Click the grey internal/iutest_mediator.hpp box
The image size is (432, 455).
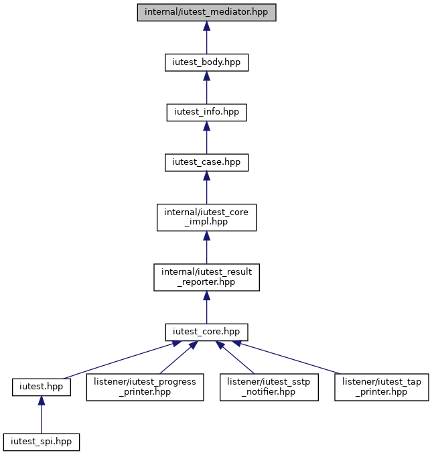206,13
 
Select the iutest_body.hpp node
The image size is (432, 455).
206,62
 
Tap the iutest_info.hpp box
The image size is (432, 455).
206,113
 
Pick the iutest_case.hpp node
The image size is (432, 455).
206,162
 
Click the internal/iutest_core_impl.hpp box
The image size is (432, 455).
206,217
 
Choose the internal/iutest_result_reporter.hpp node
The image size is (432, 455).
206,277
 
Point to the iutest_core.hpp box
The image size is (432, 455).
206,332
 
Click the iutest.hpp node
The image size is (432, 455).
42,387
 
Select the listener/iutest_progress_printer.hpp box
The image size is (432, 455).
145,387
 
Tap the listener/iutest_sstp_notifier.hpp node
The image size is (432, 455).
269,387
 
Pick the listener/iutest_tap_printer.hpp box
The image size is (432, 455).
382,387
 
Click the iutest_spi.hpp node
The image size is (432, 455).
42,442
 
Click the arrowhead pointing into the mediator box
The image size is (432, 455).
206,26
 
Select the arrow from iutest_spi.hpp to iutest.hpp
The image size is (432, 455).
42,415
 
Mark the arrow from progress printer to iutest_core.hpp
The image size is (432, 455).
179,358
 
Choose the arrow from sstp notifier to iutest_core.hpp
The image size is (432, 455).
234,358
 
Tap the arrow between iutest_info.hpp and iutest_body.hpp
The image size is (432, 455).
206,88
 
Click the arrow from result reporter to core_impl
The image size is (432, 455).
206,247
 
